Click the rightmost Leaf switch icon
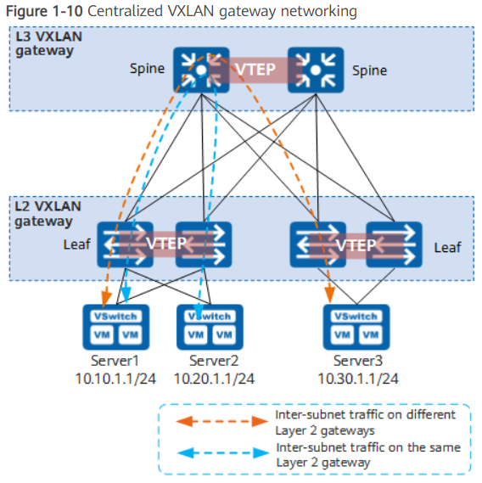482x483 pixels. pyautogui.click(x=394, y=244)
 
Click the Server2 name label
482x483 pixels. pyautogui.click(x=210, y=361)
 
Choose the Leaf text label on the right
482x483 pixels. pyautogui.click(x=447, y=247)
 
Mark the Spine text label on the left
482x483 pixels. pyautogui.click(x=148, y=68)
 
